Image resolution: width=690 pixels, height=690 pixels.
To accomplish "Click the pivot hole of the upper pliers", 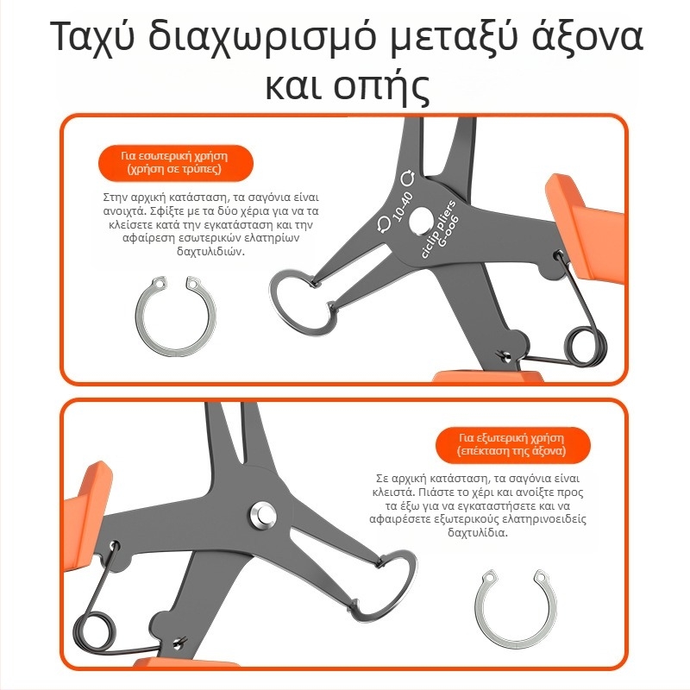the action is [x=421, y=222].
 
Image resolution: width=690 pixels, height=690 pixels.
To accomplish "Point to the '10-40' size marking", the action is [x=402, y=206].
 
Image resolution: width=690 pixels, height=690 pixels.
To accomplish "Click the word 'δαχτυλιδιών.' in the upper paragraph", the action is [x=210, y=252].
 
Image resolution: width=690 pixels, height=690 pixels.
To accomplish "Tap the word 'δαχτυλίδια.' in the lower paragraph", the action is [x=478, y=532].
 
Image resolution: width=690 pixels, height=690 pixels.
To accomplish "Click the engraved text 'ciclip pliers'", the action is [x=439, y=229].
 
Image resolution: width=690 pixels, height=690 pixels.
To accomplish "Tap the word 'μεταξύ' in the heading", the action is [x=455, y=37].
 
